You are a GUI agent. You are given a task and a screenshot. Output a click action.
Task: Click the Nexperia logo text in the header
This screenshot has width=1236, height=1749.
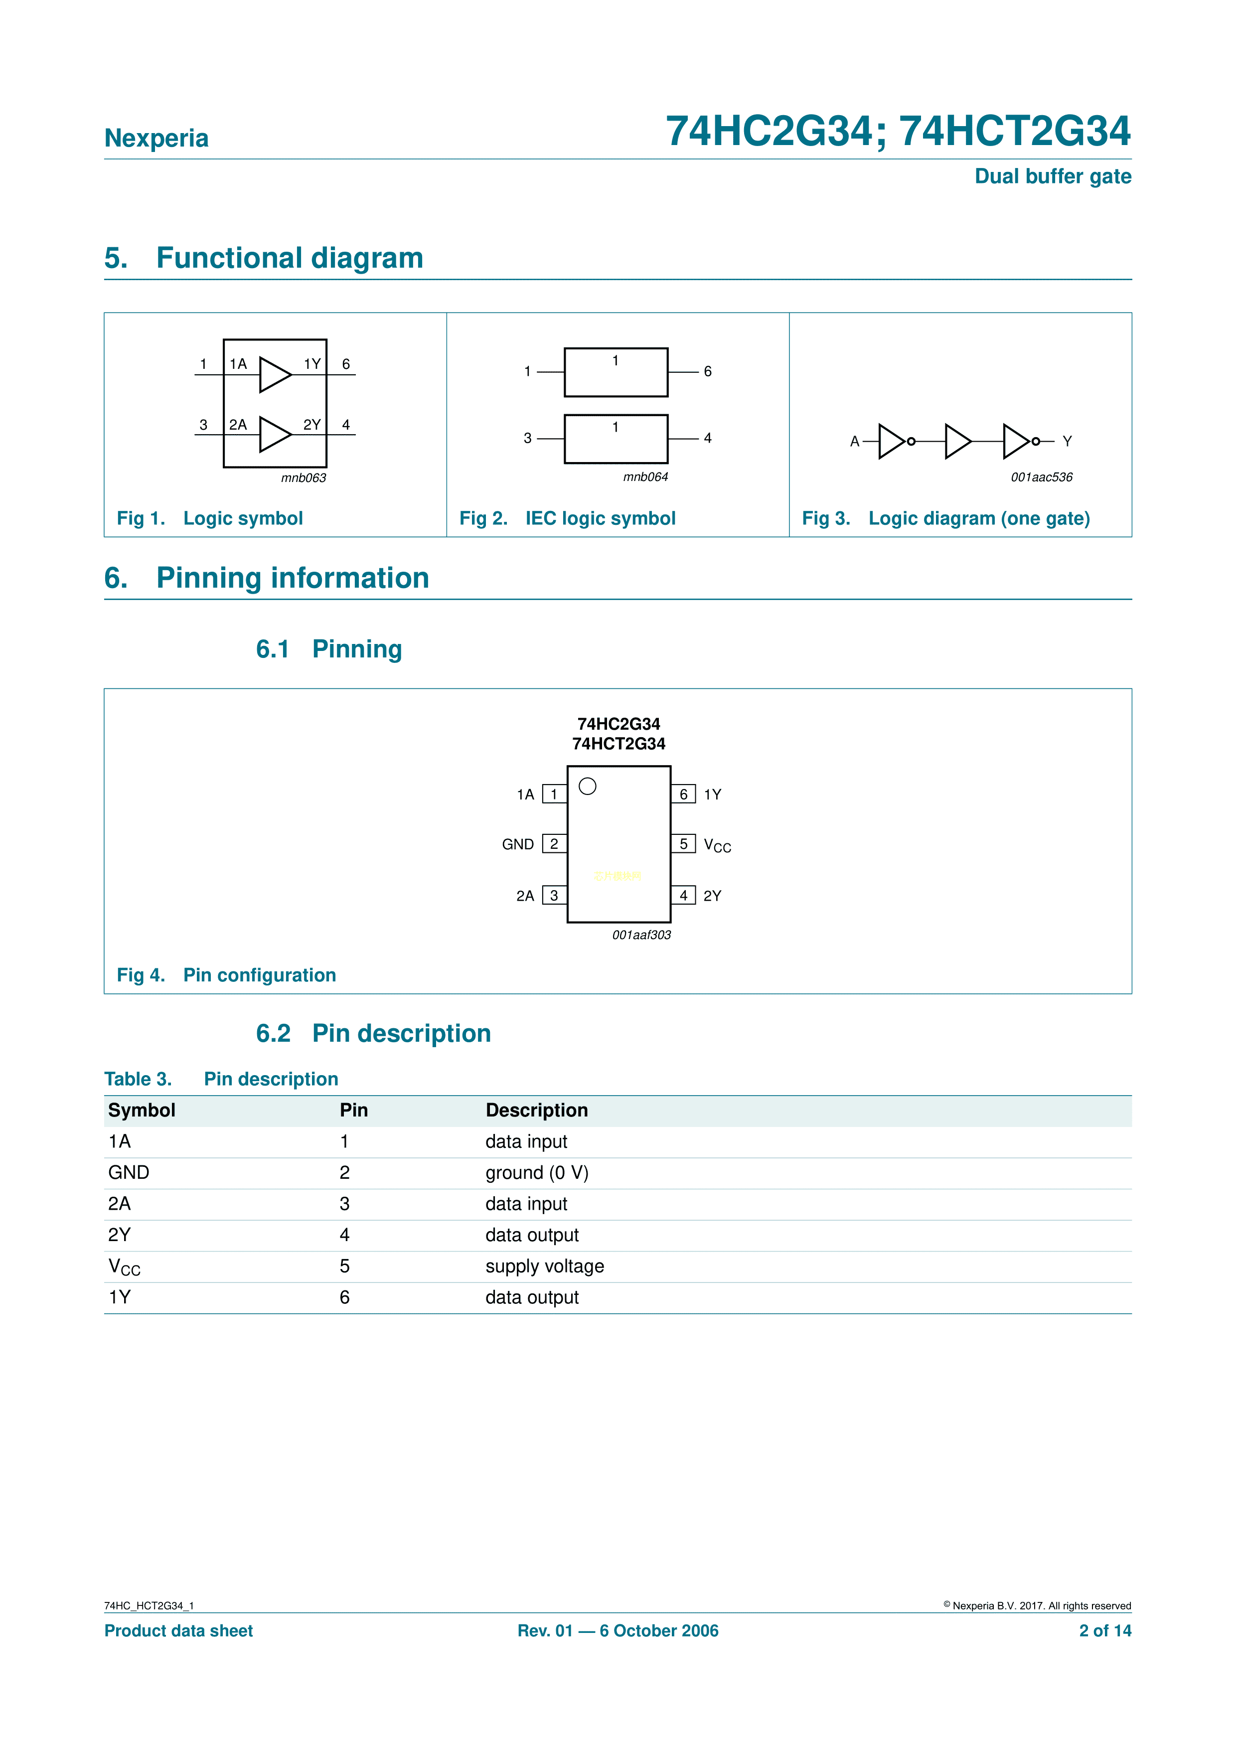(x=156, y=138)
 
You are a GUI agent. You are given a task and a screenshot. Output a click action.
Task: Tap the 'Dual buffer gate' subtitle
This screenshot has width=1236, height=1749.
(x=1053, y=177)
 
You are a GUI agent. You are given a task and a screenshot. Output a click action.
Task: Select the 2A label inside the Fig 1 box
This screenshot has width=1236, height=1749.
(x=238, y=425)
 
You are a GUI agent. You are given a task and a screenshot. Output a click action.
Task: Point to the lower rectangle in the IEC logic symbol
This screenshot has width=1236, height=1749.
(x=616, y=439)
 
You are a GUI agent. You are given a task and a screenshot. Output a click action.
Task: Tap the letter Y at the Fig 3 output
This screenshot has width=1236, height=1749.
(x=1067, y=442)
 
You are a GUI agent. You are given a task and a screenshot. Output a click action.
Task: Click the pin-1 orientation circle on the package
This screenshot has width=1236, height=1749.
(x=587, y=786)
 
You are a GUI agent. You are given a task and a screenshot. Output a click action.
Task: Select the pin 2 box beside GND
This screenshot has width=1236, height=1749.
(x=554, y=844)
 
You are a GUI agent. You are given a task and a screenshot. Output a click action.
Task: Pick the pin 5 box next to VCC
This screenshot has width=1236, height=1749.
(x=683, y=844)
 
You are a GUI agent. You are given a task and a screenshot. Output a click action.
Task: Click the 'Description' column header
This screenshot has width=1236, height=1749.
(x=536, y=1111)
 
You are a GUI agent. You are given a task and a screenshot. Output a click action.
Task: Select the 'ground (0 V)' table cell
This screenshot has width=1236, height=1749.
(x=537, y=1173)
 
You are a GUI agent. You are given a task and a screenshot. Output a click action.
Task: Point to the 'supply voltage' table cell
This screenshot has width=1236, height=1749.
(x=545, y=1267)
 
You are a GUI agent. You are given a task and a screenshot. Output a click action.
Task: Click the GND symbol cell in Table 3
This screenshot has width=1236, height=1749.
(x=129, y=1173)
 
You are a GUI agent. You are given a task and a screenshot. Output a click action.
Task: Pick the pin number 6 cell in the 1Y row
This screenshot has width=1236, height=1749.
(x=345, y=1298)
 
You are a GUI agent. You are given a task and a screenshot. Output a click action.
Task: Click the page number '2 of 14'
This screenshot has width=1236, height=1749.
(x=1104, y=1631)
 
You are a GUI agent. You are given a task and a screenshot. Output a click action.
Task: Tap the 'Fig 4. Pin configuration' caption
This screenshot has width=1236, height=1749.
(x=226, y=976)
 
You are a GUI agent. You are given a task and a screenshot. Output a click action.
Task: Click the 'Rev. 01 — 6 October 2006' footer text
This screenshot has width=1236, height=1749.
(x=618, y=1631)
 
